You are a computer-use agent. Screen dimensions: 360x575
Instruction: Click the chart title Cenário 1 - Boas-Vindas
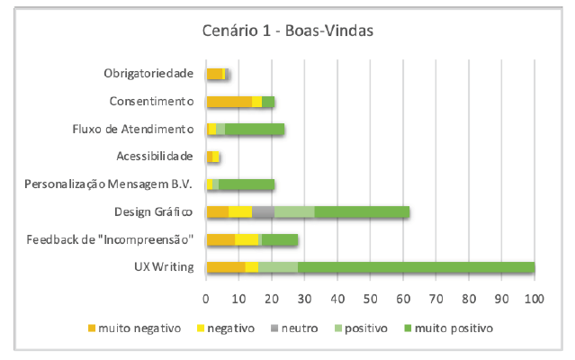click(287, 32)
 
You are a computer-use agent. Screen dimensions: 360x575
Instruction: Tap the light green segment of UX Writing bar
click(277, 267)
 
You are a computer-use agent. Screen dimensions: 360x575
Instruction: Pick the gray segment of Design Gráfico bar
click(263, 212)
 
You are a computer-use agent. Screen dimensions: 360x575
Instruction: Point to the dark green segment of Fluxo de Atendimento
click(255, 130)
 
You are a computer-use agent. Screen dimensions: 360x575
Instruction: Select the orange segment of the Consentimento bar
click(229, 102)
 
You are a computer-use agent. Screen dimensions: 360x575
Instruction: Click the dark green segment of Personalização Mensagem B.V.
click(247, 184)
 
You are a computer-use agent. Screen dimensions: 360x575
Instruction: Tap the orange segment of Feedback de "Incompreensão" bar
click(220, 239)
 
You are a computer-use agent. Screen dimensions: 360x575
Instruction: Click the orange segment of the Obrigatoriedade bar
click(214, 74)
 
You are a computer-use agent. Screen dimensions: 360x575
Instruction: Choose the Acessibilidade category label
click(155, 157)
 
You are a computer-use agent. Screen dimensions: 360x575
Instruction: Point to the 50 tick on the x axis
click(371, 297)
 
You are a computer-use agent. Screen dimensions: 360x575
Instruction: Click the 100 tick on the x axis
click(535, 297)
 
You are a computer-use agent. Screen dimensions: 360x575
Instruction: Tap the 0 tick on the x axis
click(206, 297)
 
